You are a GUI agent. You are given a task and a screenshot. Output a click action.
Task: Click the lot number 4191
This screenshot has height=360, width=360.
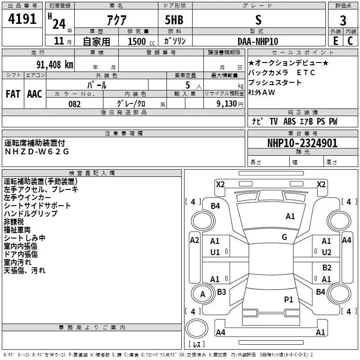click(22, 20)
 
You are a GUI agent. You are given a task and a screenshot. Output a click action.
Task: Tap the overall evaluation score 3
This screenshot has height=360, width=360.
click(343, 20)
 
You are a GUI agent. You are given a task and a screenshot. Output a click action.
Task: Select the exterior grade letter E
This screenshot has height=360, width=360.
click(335, 40)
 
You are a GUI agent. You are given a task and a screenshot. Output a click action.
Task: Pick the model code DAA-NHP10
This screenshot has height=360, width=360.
click(258, 41)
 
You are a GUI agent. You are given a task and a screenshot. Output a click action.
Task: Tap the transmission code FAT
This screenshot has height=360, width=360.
click(13, 94)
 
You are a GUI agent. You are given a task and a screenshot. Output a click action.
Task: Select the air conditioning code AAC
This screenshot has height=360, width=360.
click(35, 94)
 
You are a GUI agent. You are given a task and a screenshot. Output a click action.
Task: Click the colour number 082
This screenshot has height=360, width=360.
click(75, 104)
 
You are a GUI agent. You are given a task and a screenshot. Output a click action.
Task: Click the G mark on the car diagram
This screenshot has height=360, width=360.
click(284, 237)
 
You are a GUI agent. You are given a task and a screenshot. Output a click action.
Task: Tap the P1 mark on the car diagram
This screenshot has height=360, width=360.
click(288, 299)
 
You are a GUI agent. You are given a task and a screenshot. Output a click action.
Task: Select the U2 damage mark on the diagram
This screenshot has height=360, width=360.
click(326, 252)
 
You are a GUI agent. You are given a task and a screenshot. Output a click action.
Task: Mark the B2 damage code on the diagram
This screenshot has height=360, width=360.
click(327, 268)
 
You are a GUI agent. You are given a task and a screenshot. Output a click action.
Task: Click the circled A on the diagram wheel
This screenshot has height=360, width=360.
click(202, 295)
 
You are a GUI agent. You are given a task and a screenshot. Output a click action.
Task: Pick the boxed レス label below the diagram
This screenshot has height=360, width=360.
click(197, 345)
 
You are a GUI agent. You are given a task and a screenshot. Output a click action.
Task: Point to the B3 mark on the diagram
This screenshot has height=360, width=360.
click(221, 292)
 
